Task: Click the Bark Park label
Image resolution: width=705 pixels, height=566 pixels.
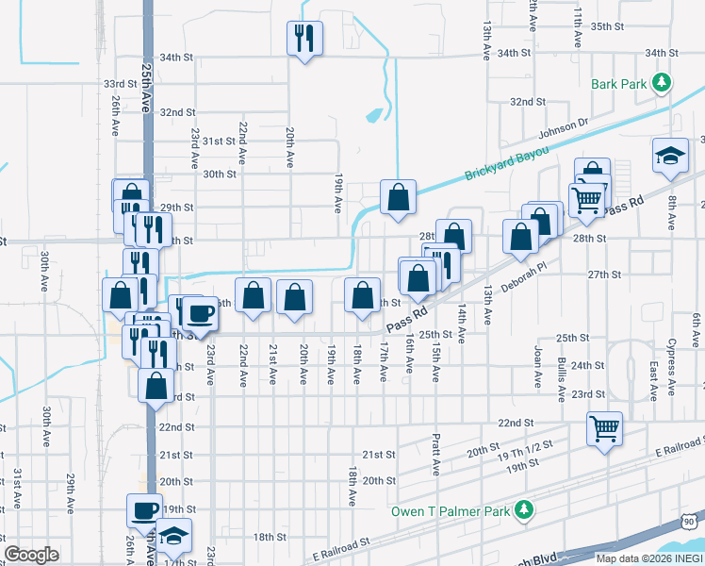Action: (619, 84)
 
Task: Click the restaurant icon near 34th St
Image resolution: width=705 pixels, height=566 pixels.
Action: (304, 38)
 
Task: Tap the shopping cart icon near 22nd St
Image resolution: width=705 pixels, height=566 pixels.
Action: (604, 427)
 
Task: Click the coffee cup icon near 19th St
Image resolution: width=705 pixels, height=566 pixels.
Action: (144, 510)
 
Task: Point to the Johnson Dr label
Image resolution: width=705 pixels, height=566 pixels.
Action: (563, 129)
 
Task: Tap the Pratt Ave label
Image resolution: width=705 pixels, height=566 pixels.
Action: (437, 455)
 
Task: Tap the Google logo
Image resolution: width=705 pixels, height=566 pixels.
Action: (32, 554)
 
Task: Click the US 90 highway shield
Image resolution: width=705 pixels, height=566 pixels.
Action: (691, 520)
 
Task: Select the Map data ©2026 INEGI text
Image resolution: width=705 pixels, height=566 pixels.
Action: (649, 558)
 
